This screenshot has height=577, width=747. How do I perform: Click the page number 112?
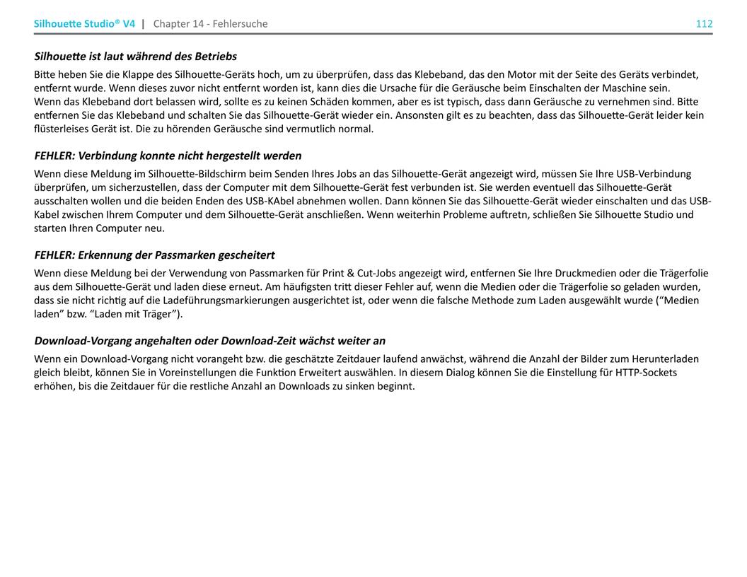point(704,23)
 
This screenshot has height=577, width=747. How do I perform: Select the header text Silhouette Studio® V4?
point(84,23)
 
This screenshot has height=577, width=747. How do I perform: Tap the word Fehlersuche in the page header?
point(242,23)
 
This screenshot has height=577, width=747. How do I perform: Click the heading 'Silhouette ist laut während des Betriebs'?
point(135,56)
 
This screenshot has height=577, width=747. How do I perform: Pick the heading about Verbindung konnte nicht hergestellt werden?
point(168,156)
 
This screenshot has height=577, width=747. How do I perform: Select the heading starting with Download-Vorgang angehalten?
point(209,341)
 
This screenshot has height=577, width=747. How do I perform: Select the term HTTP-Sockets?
point(646,372)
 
